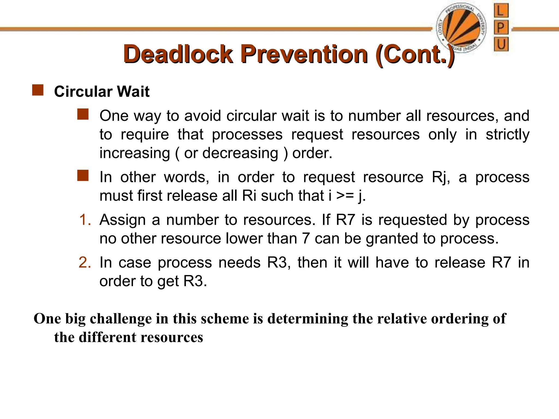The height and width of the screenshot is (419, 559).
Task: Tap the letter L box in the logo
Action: click(x=501, y=11)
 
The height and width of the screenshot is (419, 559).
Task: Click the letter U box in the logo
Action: click(x=501, y=44)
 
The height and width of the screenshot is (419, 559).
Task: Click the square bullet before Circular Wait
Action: click(x=38, y=90)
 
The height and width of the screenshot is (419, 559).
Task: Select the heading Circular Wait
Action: click(x=102, y=91)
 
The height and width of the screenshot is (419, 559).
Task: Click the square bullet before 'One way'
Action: click(x=83, y=114)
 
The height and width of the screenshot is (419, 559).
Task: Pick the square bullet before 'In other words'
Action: click(x=83, y=176)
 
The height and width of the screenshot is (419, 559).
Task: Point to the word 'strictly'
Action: click(x=507, y=134)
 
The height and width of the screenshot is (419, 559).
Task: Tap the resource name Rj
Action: click(x=440, y=178)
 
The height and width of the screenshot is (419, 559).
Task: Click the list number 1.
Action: click(x=85, y=220)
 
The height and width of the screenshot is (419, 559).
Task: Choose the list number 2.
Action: click(x=85, y=262)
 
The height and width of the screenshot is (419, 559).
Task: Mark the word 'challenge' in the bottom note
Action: click(x=120, y=319)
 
